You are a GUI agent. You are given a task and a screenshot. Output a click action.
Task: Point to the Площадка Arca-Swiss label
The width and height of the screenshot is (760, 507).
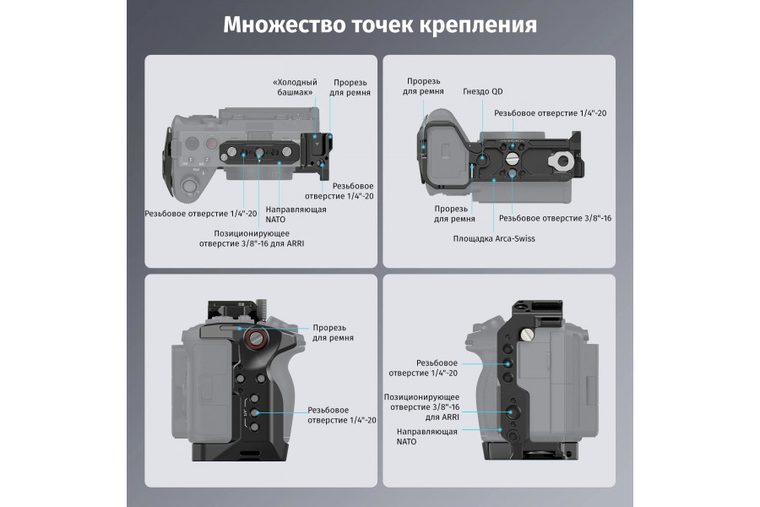(x=494, y=238)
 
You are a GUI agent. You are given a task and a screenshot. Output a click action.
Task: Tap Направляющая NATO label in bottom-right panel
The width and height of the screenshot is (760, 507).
(x=427, y=436)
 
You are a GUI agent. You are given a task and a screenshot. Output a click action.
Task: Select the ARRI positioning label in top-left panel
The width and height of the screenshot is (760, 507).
(x=252, y=238)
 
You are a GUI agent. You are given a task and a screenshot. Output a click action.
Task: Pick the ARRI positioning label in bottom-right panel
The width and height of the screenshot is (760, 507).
(x=421, y=406)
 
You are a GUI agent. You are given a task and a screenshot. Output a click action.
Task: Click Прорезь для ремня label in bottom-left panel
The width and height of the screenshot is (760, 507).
(x=333, y=332)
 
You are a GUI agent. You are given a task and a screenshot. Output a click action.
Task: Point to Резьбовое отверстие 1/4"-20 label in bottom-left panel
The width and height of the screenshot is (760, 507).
(x=341, y=414)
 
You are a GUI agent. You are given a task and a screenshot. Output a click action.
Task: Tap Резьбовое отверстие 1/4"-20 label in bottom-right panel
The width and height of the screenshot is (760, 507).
(x=423, y=367)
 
